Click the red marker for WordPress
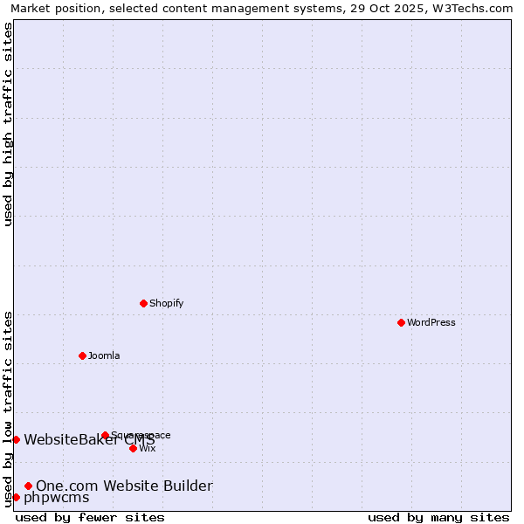(x=401, y=322)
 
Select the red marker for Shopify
(x=144, y=303)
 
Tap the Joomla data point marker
(x=83, y=355)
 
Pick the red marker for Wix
(x=133, y=448)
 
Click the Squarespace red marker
(x=105, y=435)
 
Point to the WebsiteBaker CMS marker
(x=16, y=439)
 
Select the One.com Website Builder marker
(x=28, y=486)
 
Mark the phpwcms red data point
(x=16, y=497)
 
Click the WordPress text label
(x=431, y=322)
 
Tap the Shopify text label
(x=166, y=303)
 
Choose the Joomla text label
(x=104, y=355)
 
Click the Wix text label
(x=148, y=448)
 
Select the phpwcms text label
(x=57, y=497)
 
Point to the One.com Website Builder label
(x=124, y=486)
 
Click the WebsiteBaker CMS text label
(x=89, y=439)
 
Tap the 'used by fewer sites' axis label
(x=90, y=517)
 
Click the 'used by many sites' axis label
(x=438, y=517)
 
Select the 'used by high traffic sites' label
(x=8, y=124)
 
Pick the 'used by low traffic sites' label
(x=8, y=408)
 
